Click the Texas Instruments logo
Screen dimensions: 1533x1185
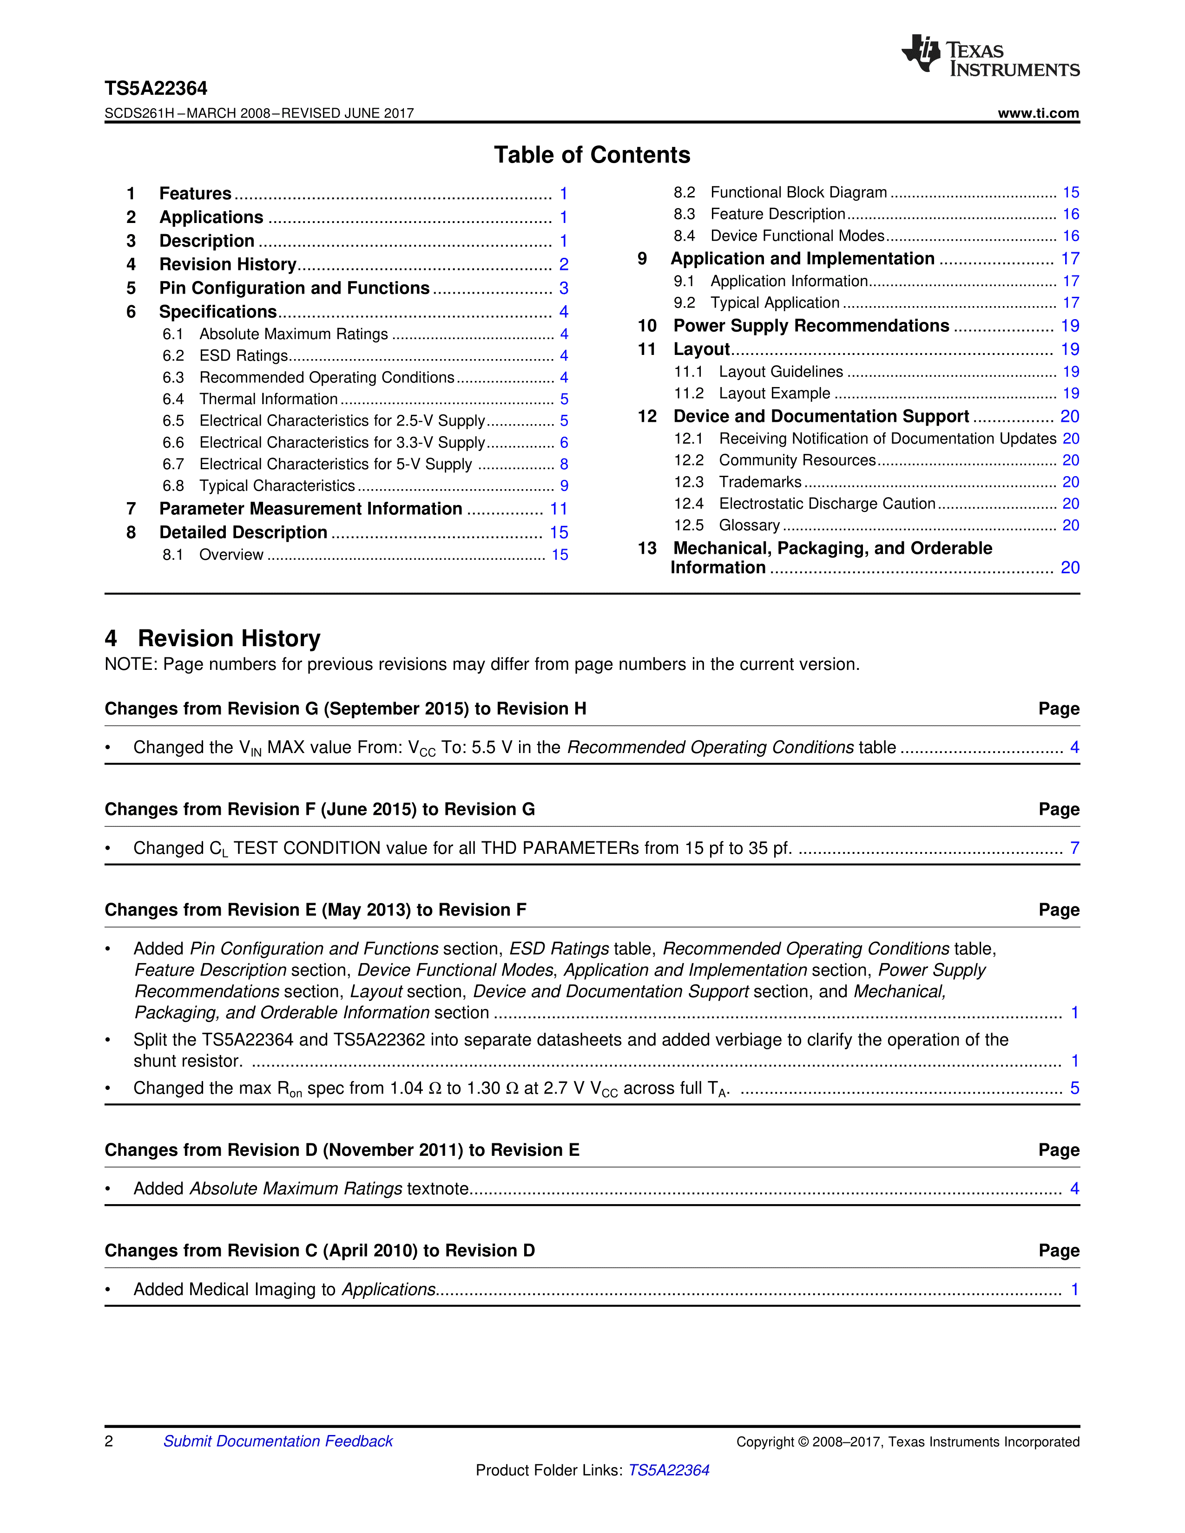[990, 55]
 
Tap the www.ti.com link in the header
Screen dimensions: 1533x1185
[1038, 113]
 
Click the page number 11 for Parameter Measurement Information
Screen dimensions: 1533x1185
[558, 509]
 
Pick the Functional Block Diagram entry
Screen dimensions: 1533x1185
[798, 192]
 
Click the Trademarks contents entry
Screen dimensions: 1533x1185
[760, 482]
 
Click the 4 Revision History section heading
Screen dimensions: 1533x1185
[213, 638]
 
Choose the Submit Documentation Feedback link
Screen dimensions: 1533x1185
[278, 1441]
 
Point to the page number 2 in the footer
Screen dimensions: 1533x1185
[109, 1441]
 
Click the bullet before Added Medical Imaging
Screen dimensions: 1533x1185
[108, 1290]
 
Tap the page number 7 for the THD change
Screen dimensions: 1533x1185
[1074, 848]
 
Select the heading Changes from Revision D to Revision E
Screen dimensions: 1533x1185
[342, 1150]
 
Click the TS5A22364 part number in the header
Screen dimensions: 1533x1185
[156, 88]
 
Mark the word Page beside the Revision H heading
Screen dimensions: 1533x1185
[1059, 709]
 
